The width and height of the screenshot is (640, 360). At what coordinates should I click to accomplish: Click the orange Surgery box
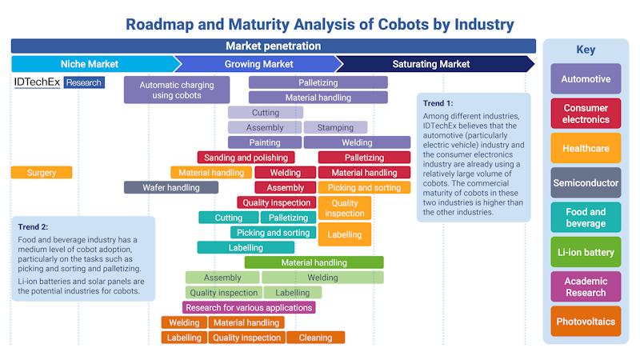[x=42, y=172]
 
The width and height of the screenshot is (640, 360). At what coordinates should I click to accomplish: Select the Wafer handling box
[x=170, y=187]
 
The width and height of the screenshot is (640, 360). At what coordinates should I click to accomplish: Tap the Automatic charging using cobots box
[x=176, y=90]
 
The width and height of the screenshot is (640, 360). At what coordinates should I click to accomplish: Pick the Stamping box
[x=335, y=127]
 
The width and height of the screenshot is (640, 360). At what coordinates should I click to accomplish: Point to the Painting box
[x=265, y=142]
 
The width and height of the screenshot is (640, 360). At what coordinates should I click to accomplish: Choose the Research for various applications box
[x=249, y=307]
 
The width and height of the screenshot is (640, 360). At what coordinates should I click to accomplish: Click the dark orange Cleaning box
[x=315, y=338]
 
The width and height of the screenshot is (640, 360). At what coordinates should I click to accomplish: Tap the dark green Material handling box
[x=314, y=262]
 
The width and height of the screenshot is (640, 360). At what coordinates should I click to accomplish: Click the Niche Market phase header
[x=90, y=64]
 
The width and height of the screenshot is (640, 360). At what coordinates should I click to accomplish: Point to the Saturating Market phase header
[x=430, y=64]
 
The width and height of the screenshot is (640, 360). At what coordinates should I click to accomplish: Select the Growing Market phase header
[x=258, y=64]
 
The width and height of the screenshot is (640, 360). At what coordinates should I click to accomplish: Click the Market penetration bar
[x=273, y=46]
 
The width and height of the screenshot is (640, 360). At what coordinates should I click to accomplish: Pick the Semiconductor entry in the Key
[x=586, y=182]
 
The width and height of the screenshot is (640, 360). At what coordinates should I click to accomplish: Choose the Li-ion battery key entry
[x=586, y=252]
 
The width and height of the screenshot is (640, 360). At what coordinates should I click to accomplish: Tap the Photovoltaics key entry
[x=586, y=321]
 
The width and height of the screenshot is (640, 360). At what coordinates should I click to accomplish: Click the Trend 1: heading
[x=438, y=103]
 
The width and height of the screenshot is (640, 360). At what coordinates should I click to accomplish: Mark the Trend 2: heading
[x=34, y=226]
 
